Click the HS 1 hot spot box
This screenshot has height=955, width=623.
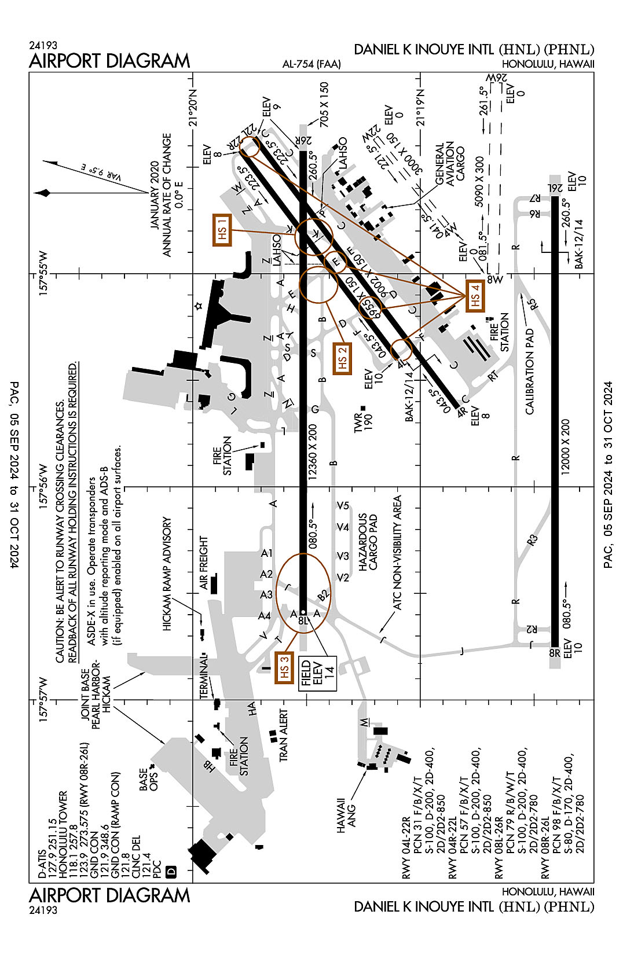click(x=222, y=230)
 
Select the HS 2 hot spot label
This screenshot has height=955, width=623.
click(x=342, y=359)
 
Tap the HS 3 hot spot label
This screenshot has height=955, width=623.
click(x=284, y=667)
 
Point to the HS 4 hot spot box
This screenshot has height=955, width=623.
click(x=475, y=296)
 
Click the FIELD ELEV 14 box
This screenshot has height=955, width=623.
click(x=317, y=673)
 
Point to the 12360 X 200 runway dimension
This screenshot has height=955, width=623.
click(x=313, y=452)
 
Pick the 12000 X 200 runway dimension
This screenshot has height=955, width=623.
click(x=566, y=447)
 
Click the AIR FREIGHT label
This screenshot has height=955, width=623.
click(x=203, y=563)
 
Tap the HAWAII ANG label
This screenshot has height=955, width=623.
click(x=346, y=816)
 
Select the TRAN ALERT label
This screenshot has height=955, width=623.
click(x=284, y=736)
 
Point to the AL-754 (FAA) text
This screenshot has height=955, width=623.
click(x=311, y=64)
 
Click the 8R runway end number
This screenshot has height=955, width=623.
click(x=554, y=653)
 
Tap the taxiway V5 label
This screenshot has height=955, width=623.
click(x=343, y=506)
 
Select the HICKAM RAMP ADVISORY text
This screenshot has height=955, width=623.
click(x=167, y=574)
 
